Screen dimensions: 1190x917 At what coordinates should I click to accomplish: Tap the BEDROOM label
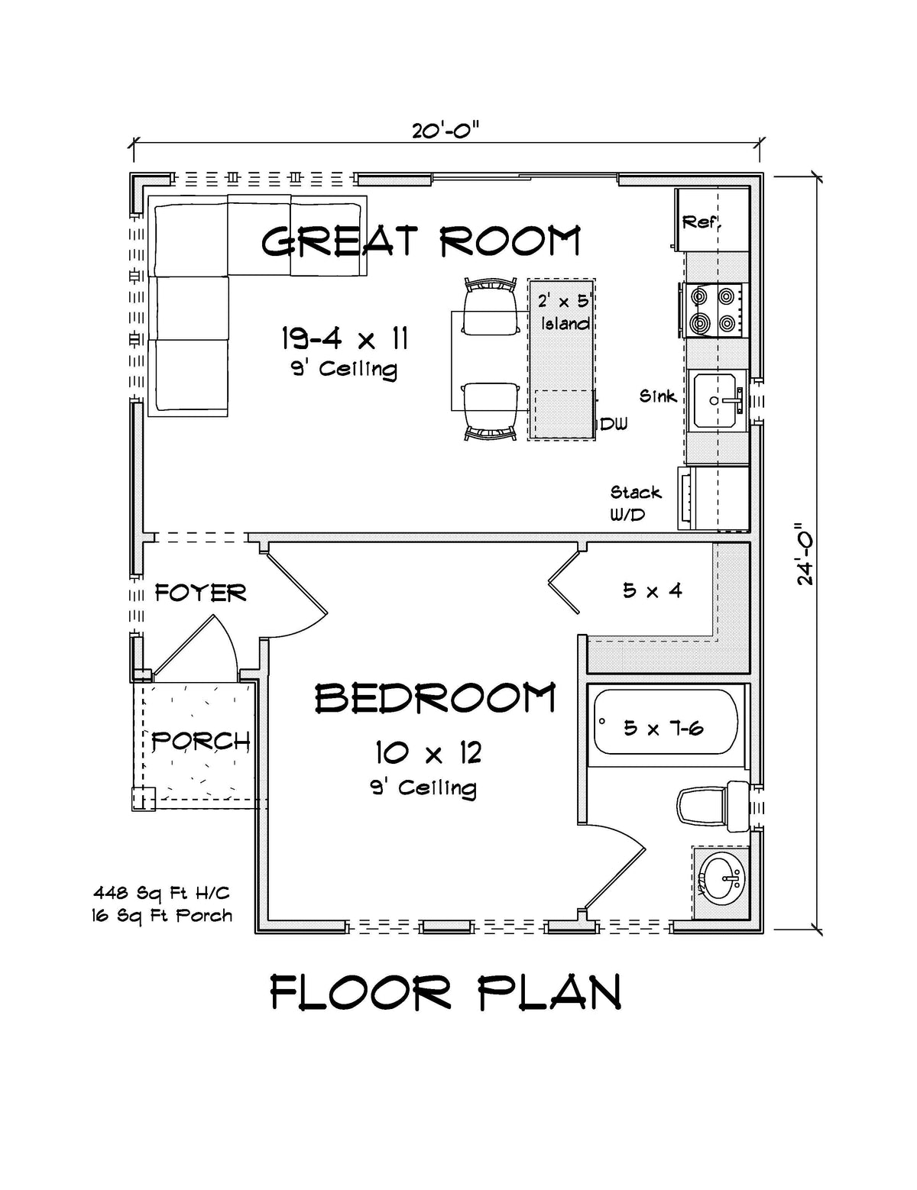(x=435, y=698)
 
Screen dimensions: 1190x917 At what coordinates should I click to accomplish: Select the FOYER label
(x=200, y=593)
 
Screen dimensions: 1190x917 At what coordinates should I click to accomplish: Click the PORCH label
(x=200, y=740)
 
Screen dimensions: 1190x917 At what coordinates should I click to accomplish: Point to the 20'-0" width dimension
(x=446, y=131)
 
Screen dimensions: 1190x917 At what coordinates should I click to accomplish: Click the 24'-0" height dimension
(x=805, y=554)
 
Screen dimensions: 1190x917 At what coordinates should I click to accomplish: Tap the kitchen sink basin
(x=718, y=399)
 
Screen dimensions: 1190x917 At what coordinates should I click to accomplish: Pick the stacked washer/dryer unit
(x=714, y=498)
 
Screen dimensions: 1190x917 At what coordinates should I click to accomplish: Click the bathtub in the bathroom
(x=666, y=723)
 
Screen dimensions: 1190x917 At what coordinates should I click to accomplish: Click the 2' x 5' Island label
(x=565, y=312)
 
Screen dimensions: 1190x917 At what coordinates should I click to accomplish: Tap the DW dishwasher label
(x=613, y=424)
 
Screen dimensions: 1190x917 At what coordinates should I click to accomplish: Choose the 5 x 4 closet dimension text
(x=652, y=590)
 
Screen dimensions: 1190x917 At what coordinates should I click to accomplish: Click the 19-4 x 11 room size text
(x=344, y=337)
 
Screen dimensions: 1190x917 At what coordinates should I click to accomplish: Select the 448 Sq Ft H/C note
(x=161, y=892)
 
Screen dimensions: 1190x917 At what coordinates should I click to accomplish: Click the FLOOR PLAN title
(x=446, y=993)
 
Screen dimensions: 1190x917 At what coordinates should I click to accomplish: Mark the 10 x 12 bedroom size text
(x=428, y=753)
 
